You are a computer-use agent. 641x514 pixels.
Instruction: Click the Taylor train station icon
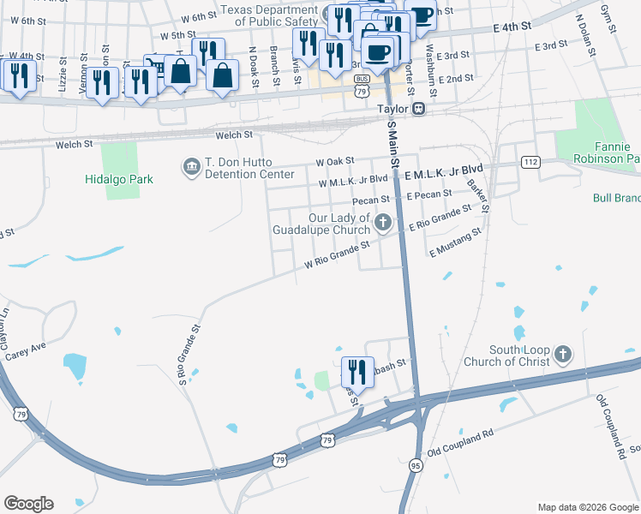[419, 109]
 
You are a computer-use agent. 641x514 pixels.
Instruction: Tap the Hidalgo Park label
[118, 180]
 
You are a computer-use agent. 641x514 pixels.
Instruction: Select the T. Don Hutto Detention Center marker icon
[189, 165]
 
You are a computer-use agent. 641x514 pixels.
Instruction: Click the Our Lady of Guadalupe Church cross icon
[384, 224]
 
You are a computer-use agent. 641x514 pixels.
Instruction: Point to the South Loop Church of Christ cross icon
[563, 354]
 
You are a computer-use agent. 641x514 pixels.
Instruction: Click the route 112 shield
[530, 163]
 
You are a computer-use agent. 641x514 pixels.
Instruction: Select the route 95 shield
[416, 464]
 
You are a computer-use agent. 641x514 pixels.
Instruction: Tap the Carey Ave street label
[25, 350]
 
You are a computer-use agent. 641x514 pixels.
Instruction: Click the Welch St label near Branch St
[234, 134]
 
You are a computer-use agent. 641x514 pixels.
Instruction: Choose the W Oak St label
[334, 161]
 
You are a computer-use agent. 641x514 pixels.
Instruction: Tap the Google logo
[28, 504]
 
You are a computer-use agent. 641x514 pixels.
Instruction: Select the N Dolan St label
[586, 33]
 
